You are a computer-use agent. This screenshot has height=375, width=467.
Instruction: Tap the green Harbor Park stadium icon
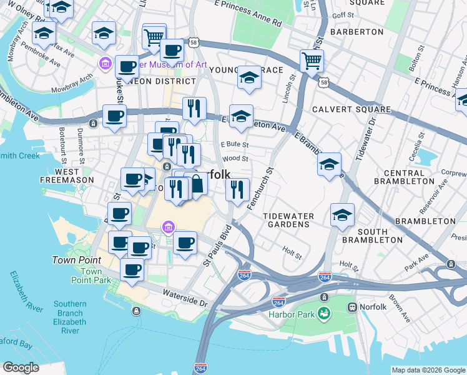(323, 313)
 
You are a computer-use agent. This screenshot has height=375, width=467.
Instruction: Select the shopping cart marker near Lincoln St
(312, 61)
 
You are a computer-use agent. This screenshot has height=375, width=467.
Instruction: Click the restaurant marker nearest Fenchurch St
(237, 190)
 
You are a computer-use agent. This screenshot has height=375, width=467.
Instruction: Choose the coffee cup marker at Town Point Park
(132, 269)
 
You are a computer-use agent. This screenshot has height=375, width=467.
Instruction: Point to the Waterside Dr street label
(185, 297)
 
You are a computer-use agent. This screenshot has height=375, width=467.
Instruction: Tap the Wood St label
(235, 159)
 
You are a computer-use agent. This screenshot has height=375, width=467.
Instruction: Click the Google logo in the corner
(21, 367)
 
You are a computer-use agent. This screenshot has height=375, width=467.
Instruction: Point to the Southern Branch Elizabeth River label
(69, 317)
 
